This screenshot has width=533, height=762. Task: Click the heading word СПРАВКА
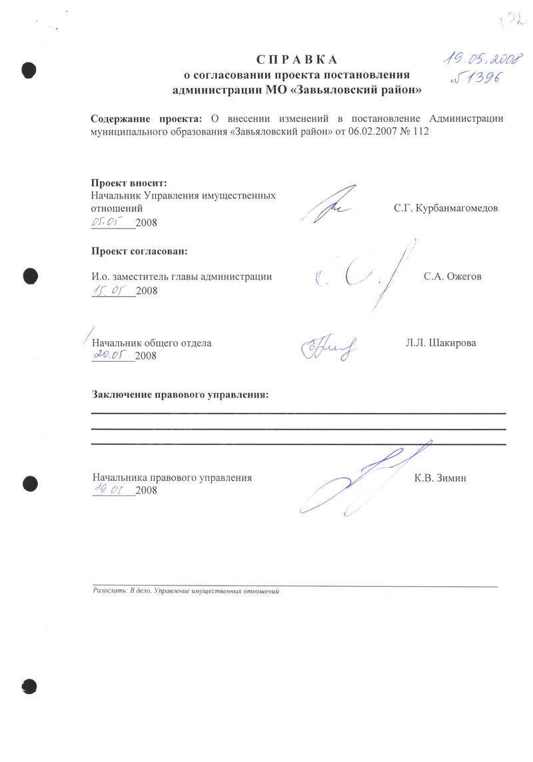tap(296, 59)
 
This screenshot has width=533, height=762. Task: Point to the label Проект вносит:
tap(129, 183)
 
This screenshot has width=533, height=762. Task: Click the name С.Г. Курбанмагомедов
tap(446, 208)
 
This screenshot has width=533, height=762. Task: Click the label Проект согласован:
tap(139, 252)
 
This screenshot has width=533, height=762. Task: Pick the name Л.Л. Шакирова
tap(440, 344)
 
